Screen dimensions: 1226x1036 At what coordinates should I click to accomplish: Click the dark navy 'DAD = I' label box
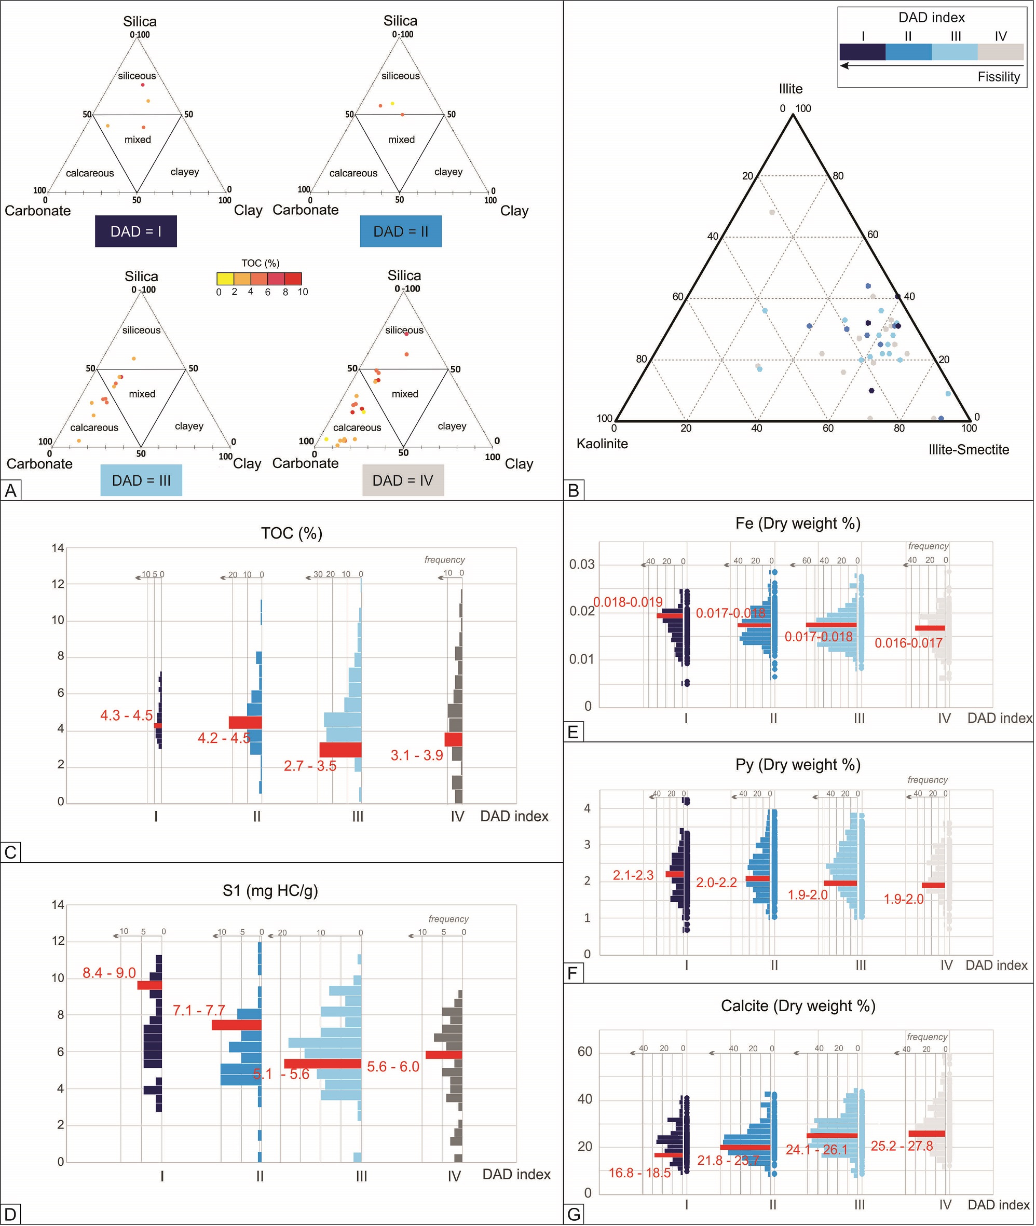135,231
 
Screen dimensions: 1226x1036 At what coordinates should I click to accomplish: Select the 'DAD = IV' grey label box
403,480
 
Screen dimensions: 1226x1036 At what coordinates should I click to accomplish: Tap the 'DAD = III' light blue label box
141,480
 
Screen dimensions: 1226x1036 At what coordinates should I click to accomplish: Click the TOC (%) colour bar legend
259,279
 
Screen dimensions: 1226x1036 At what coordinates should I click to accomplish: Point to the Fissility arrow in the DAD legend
932,66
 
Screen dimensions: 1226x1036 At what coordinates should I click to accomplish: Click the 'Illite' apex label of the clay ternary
790,89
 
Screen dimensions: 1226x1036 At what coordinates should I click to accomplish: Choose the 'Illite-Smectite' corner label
969,450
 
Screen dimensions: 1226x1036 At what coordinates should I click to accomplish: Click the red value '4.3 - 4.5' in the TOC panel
126,715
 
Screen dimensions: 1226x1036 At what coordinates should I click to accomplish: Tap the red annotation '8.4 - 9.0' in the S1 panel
109,973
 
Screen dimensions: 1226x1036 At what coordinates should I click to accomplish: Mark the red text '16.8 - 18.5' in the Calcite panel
639,1173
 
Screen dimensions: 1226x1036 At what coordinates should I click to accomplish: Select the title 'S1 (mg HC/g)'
270,891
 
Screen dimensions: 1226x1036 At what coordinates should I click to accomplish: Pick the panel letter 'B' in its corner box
574,490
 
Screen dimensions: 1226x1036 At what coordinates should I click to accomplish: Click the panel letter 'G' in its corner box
574,1214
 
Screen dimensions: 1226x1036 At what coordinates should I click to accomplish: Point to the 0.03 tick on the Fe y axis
581,565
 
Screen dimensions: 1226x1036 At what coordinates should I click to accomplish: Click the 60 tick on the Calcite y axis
584,1052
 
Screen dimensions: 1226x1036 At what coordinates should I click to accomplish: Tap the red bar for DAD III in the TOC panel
340,750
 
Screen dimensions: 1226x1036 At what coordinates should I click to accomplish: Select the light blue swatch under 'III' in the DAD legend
955,52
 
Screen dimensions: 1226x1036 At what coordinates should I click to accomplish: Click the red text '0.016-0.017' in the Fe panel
908,643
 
